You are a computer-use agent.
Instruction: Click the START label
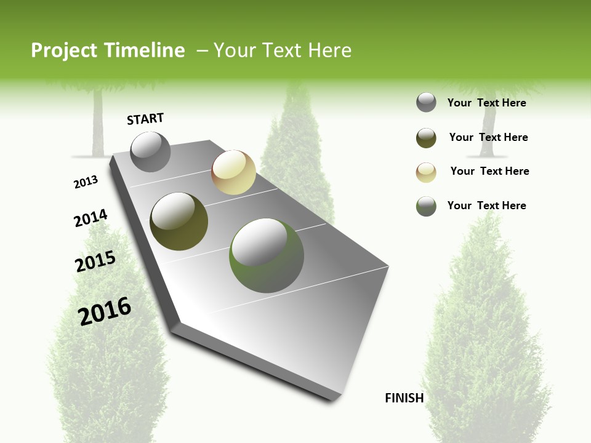(x=145, y=119)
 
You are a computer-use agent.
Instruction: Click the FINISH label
(x=404, y=398)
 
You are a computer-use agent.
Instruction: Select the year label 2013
(x=86, y=182)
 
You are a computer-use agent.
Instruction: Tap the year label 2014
(x=90, y=218)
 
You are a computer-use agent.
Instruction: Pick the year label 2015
(x=95, y=261)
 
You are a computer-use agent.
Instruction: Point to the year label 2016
(x=105, y=311)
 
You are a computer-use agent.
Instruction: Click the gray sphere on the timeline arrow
(x=151, y=151)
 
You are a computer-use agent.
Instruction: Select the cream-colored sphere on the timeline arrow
(x=233, y=172)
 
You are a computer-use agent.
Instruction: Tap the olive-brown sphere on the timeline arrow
(x=179, y=221)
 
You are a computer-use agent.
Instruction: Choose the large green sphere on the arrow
(x=267, y=255)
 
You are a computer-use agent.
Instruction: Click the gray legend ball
(x=426, y=102)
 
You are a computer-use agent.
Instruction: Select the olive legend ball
(x=426, y=138)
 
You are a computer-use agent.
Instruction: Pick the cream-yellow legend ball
(x=426, y=172)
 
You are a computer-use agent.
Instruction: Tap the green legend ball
(x=426, y=206)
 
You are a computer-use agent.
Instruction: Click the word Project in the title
(x=62, y=50)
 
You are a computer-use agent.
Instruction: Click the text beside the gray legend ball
(x=486, y=103)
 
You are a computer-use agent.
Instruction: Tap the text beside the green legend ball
(x=486, y=206)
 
